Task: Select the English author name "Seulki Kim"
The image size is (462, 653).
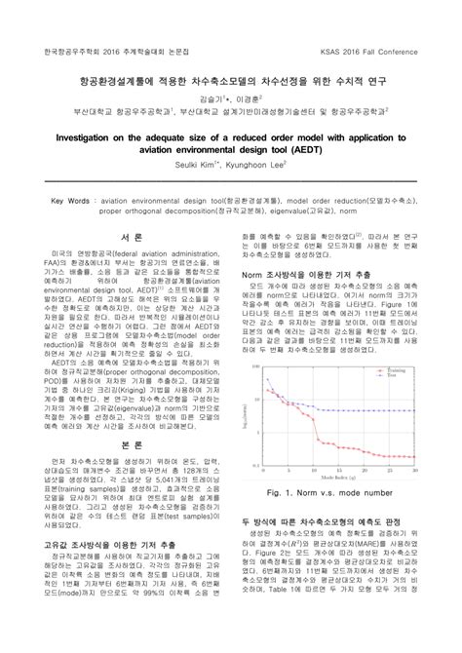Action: [x=211, y=164]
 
